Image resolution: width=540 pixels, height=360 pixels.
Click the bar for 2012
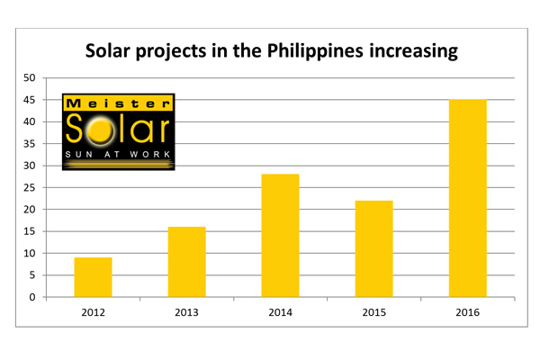(x=93, y=277)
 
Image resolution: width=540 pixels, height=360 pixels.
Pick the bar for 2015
(x=373, y=249)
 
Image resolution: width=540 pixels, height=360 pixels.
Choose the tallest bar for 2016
(x=467, y=198)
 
